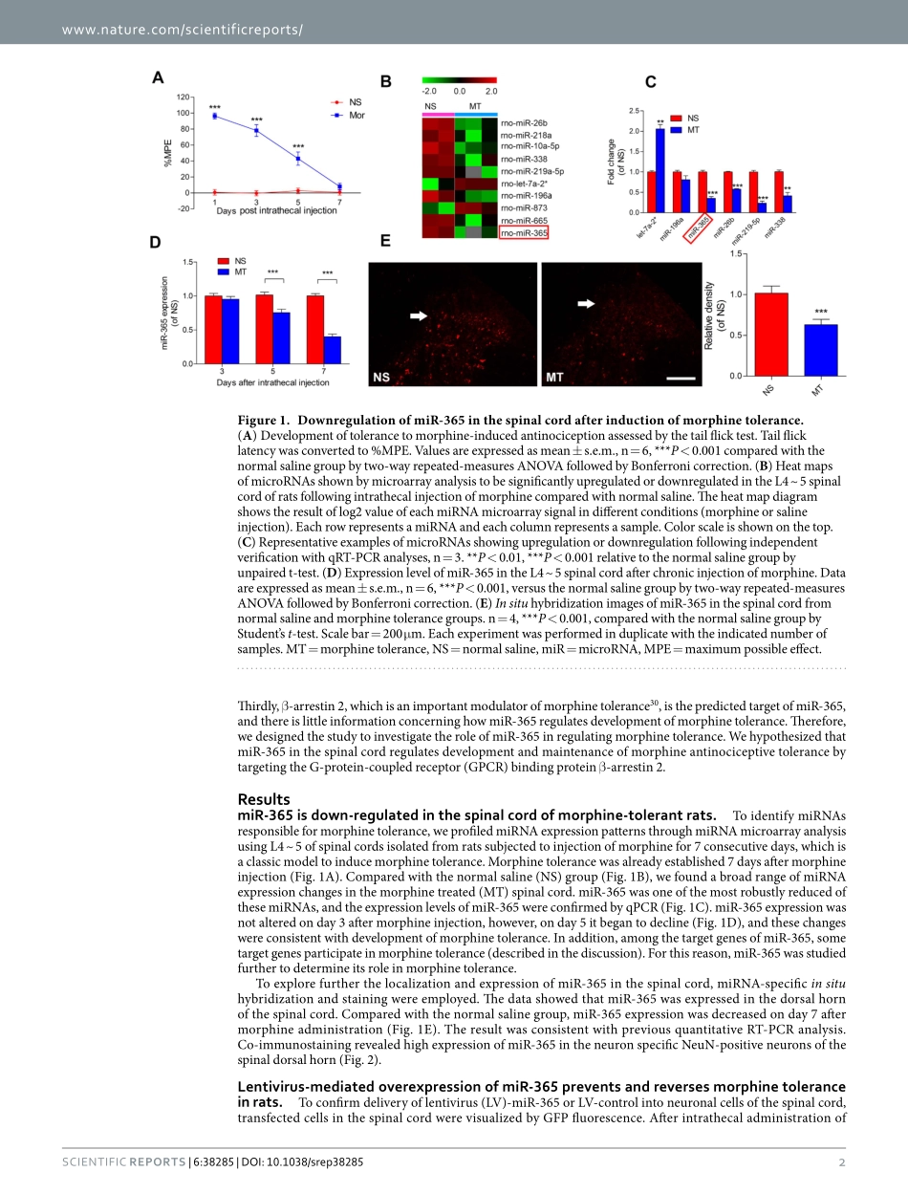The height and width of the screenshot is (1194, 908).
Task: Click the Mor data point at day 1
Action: (x=214, y=116)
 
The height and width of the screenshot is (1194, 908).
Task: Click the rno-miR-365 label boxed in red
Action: (x=524, y=231)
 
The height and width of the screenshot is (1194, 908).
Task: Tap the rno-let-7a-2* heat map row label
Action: (x=525, y=183)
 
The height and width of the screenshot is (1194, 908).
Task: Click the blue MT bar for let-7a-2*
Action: (x=659, y=170)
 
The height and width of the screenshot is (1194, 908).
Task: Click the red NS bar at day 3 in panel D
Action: (x=212, y=330)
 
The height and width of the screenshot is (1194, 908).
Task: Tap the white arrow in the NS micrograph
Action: (x=419, y=314)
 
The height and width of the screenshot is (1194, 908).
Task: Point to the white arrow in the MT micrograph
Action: (x=585, y=303)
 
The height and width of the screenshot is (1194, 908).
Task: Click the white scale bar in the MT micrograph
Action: (x=679, y=379)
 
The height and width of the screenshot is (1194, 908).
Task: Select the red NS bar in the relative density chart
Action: (x=771, y=335)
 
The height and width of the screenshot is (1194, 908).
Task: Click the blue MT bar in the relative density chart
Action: (x=820, y=350)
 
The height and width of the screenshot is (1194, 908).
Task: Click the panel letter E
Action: (x=385, y=242)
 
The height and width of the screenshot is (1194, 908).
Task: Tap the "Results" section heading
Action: (x=263, y=799)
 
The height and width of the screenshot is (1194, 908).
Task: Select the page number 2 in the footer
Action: (x=842, y=1161)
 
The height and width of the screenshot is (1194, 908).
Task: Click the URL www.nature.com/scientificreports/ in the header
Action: (x=182, y=30)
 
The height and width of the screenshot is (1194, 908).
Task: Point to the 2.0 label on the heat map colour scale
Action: (x=490, y=91)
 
